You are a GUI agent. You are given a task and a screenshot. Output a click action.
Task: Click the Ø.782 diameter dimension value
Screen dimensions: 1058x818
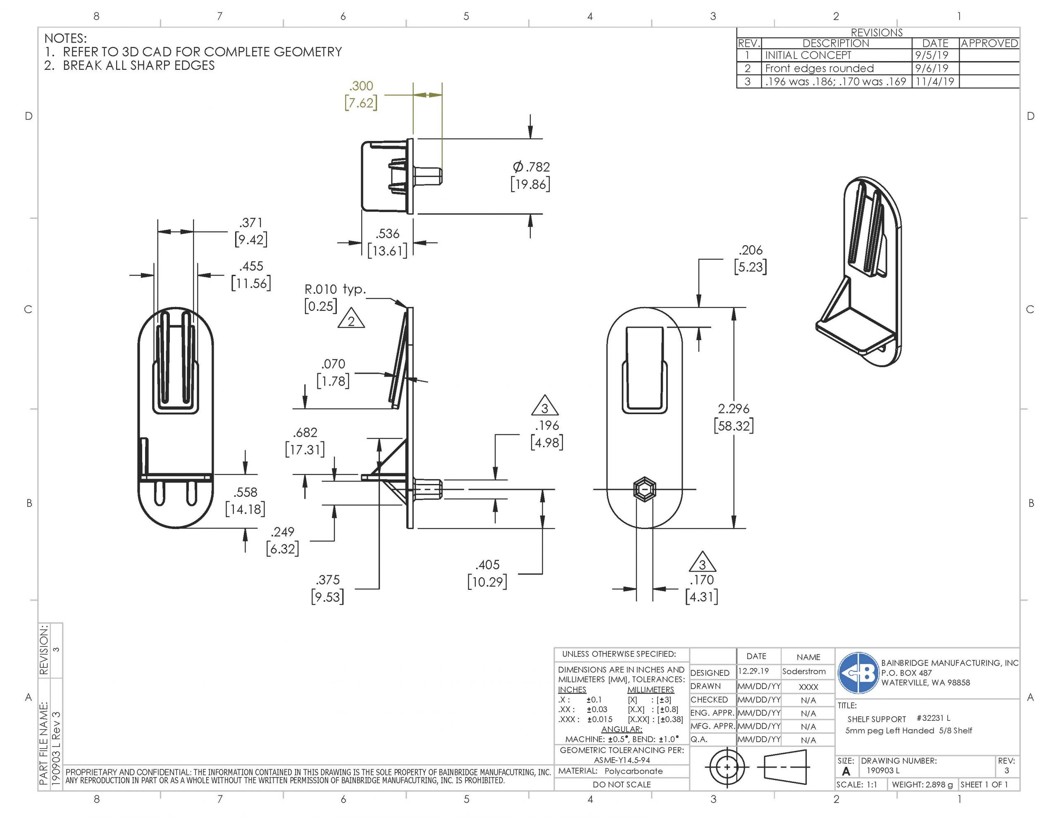(531, 167)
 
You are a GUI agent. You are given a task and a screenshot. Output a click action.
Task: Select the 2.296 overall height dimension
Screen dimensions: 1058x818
(734, 408)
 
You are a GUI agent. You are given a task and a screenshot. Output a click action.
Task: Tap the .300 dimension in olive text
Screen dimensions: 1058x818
(361, 86)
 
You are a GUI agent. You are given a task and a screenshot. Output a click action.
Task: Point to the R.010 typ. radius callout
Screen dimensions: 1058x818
(335, 289)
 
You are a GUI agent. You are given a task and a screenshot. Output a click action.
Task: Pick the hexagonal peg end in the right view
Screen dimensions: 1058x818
(644, 489)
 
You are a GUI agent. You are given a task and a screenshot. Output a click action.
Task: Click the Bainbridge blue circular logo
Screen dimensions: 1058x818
(858, 673)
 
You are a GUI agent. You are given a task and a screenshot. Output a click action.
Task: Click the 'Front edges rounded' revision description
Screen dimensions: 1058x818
(820, 68)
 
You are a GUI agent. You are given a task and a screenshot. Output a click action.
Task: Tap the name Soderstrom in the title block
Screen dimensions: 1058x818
(804, 672)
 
